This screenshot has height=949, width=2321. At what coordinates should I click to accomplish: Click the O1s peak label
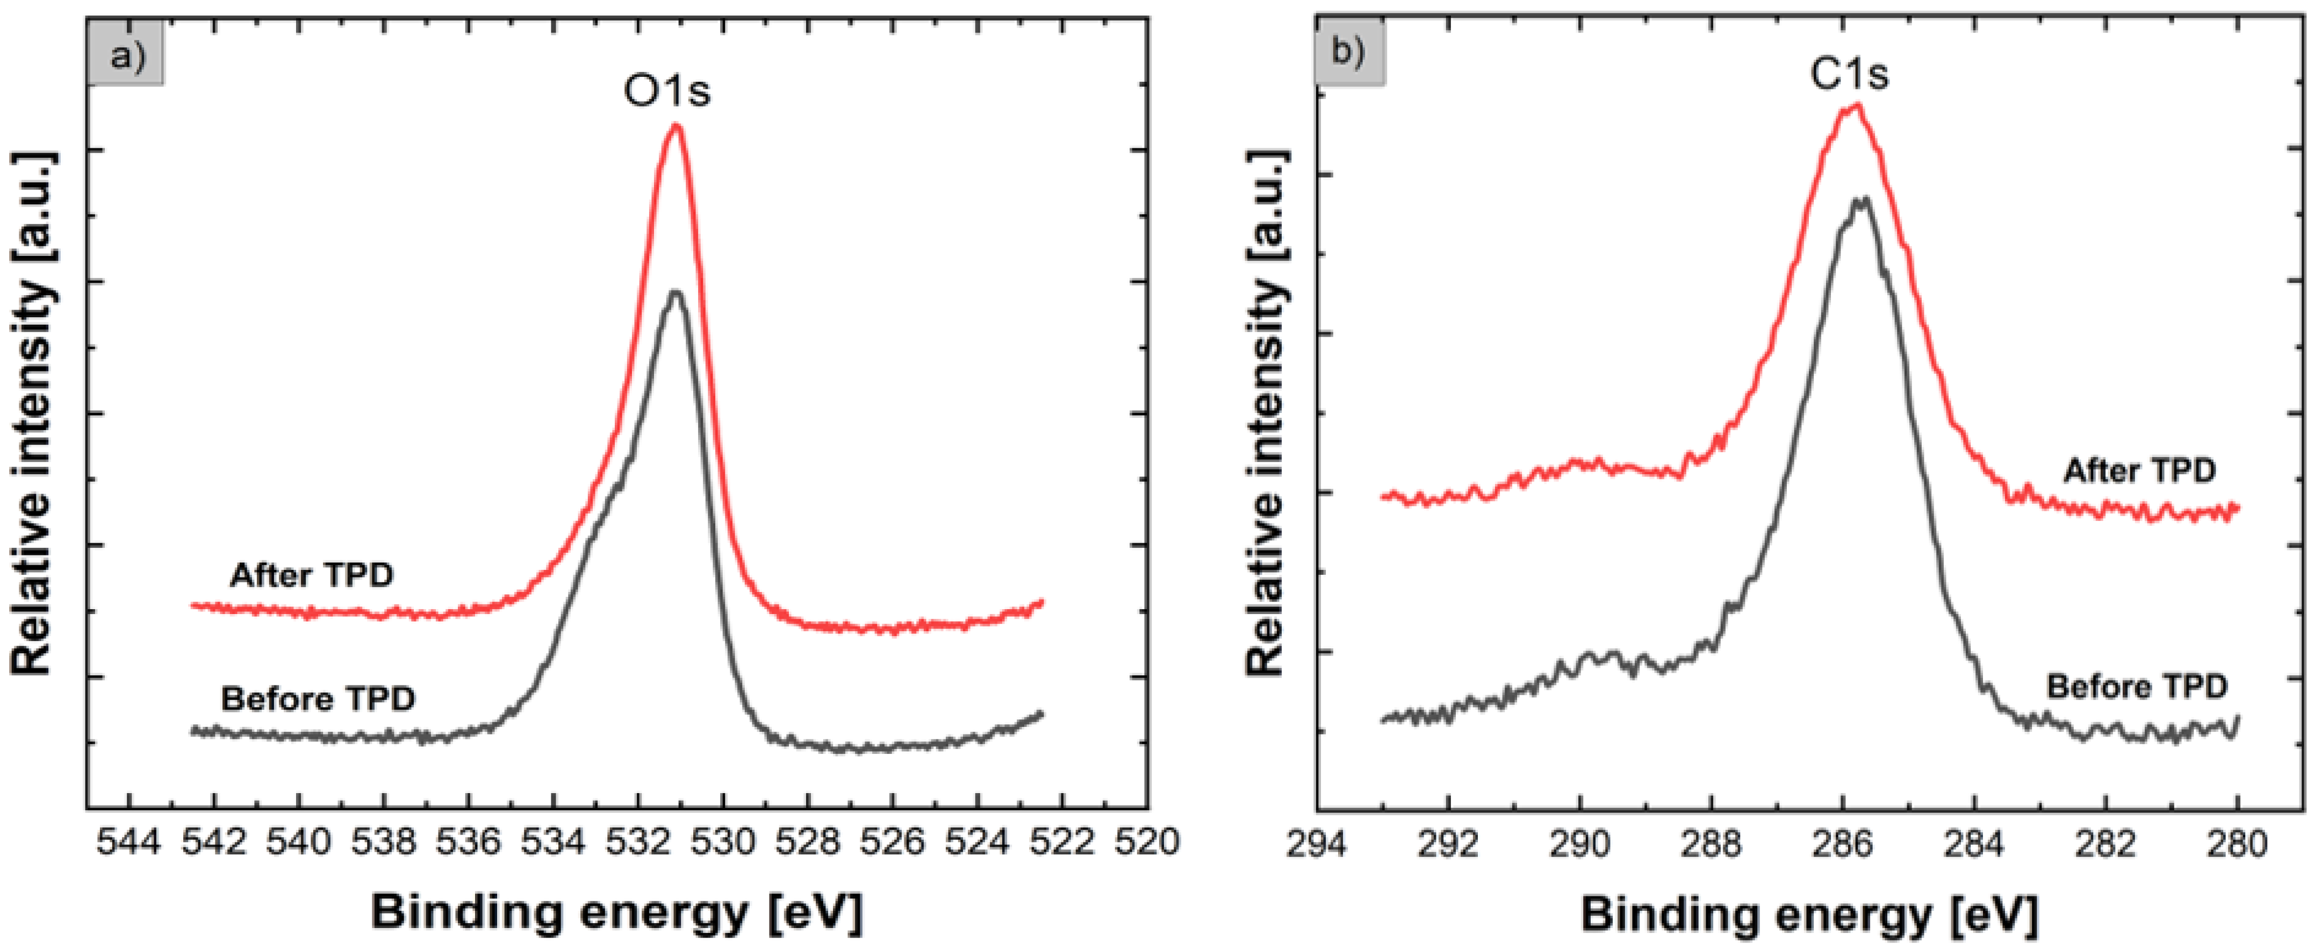(667, 90)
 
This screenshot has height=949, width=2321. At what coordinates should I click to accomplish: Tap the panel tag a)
(126, 56)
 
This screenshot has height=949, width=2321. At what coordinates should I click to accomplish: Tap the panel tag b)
(1349, 52)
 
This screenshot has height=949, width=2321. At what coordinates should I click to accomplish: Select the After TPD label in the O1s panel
(312, 575)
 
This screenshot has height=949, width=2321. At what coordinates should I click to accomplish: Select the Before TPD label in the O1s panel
(318, 700)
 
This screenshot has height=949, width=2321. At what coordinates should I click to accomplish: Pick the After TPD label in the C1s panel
(2139, 470)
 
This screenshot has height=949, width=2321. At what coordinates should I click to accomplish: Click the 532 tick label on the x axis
(639, 843)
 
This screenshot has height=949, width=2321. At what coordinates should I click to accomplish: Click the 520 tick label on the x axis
(1147, 843)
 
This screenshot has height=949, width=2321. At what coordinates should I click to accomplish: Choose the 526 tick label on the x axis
(893, 843)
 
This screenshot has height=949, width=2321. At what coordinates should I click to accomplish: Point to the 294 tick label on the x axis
(1317, 845)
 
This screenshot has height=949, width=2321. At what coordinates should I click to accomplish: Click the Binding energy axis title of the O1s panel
(616, 912)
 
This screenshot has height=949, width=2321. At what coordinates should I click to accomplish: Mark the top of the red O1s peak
(676, 126)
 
